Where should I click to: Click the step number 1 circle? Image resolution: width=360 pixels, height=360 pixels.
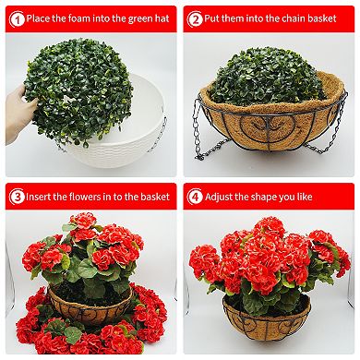click(x=15, y=18)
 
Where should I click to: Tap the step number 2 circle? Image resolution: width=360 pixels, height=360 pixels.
click(x=196, y=18)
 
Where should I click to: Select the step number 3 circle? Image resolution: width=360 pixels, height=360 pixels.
click(x=15, y=197)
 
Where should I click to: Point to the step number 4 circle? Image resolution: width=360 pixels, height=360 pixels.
click(x=196, y=197)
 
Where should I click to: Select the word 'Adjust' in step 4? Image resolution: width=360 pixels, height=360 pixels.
click(x=228, y=197)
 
